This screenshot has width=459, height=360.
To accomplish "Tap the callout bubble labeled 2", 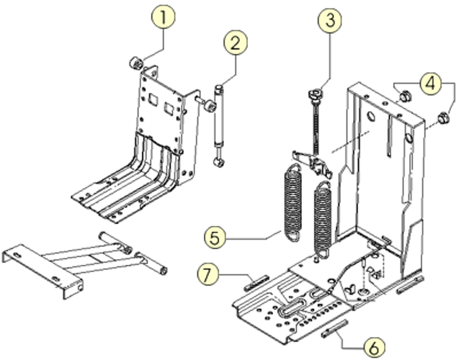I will [x=236, y=42].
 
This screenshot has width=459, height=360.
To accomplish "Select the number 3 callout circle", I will [x=330, y=21].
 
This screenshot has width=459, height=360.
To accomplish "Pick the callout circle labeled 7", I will [x=208, y=274].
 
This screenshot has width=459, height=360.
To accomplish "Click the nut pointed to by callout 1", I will [x=134, y=63].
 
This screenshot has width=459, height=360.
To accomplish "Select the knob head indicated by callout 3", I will [x=314, y=94].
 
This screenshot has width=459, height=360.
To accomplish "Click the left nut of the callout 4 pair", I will [x=404, y=95].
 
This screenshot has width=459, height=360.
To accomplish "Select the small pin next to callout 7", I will [x=257, y=284].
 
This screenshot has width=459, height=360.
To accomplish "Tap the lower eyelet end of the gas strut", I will [x=218, y=160].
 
